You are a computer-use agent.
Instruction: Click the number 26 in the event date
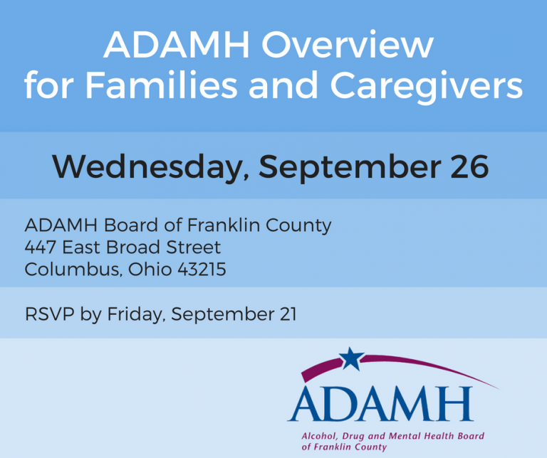coord(469,166)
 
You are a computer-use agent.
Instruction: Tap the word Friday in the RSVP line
coord(135,314)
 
